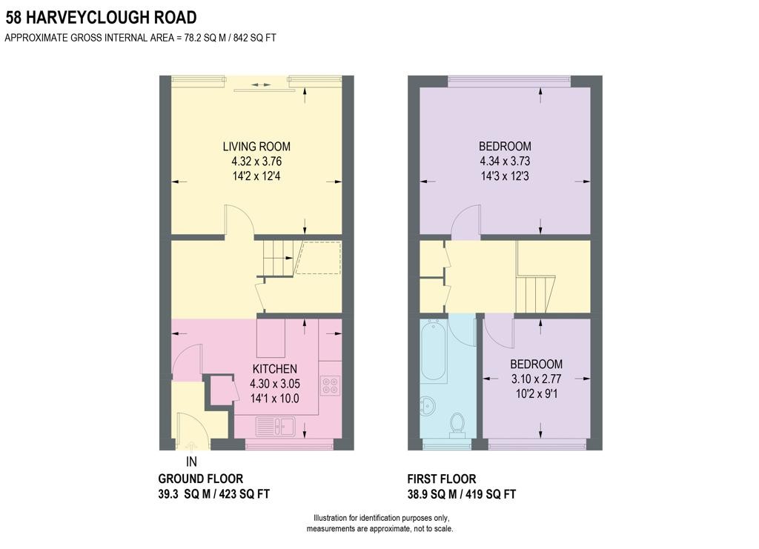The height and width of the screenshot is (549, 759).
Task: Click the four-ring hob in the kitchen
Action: point(330,385)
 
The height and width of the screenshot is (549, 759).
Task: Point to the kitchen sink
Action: point(275,426)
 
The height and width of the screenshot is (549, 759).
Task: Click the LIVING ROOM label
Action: point(256,147)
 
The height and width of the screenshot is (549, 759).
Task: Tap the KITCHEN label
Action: point(274,369)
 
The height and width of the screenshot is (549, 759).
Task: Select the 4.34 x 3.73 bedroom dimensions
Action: point(505,161)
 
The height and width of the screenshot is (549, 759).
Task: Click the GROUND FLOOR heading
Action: point(200,479)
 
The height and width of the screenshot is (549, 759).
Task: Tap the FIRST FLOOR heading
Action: point(442,479)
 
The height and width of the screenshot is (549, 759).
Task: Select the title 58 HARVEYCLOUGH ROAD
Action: point(102,17)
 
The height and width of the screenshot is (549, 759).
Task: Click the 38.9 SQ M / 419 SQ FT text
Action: point(462,494)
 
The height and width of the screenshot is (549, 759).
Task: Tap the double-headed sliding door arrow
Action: point(261,85)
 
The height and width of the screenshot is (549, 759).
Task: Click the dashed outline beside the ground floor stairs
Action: point(319,257)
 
